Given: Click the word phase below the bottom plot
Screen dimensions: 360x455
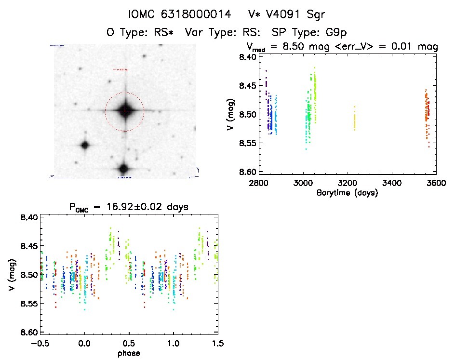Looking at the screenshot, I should [x=129, y=353].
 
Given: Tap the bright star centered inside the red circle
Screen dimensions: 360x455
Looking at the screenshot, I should [x=124, y=111].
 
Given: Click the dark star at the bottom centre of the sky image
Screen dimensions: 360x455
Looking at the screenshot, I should [x=123, y=169].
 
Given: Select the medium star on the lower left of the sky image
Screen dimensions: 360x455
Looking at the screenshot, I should [x=85, y=145].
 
